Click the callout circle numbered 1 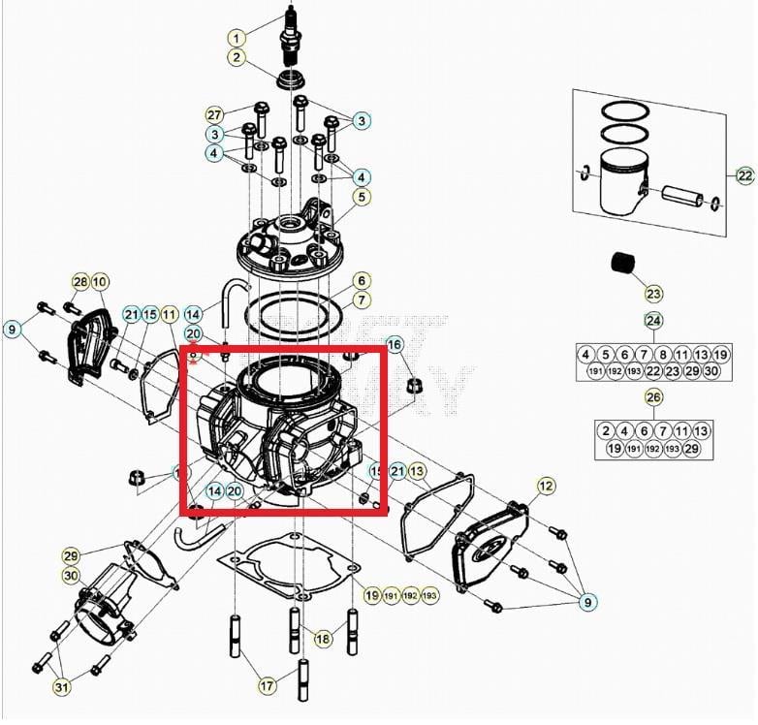[237, 38]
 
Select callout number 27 [214, 114]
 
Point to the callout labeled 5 [361, 198]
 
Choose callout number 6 [360, 279]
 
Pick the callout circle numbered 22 [743, 175]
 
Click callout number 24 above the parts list [653, 321]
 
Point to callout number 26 [653, 396]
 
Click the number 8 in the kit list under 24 [663, 355]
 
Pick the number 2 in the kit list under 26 [605, 430]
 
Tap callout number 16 [394, 345]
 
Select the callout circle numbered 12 [546, 485]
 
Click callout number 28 [79, 282]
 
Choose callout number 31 [62, 687]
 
